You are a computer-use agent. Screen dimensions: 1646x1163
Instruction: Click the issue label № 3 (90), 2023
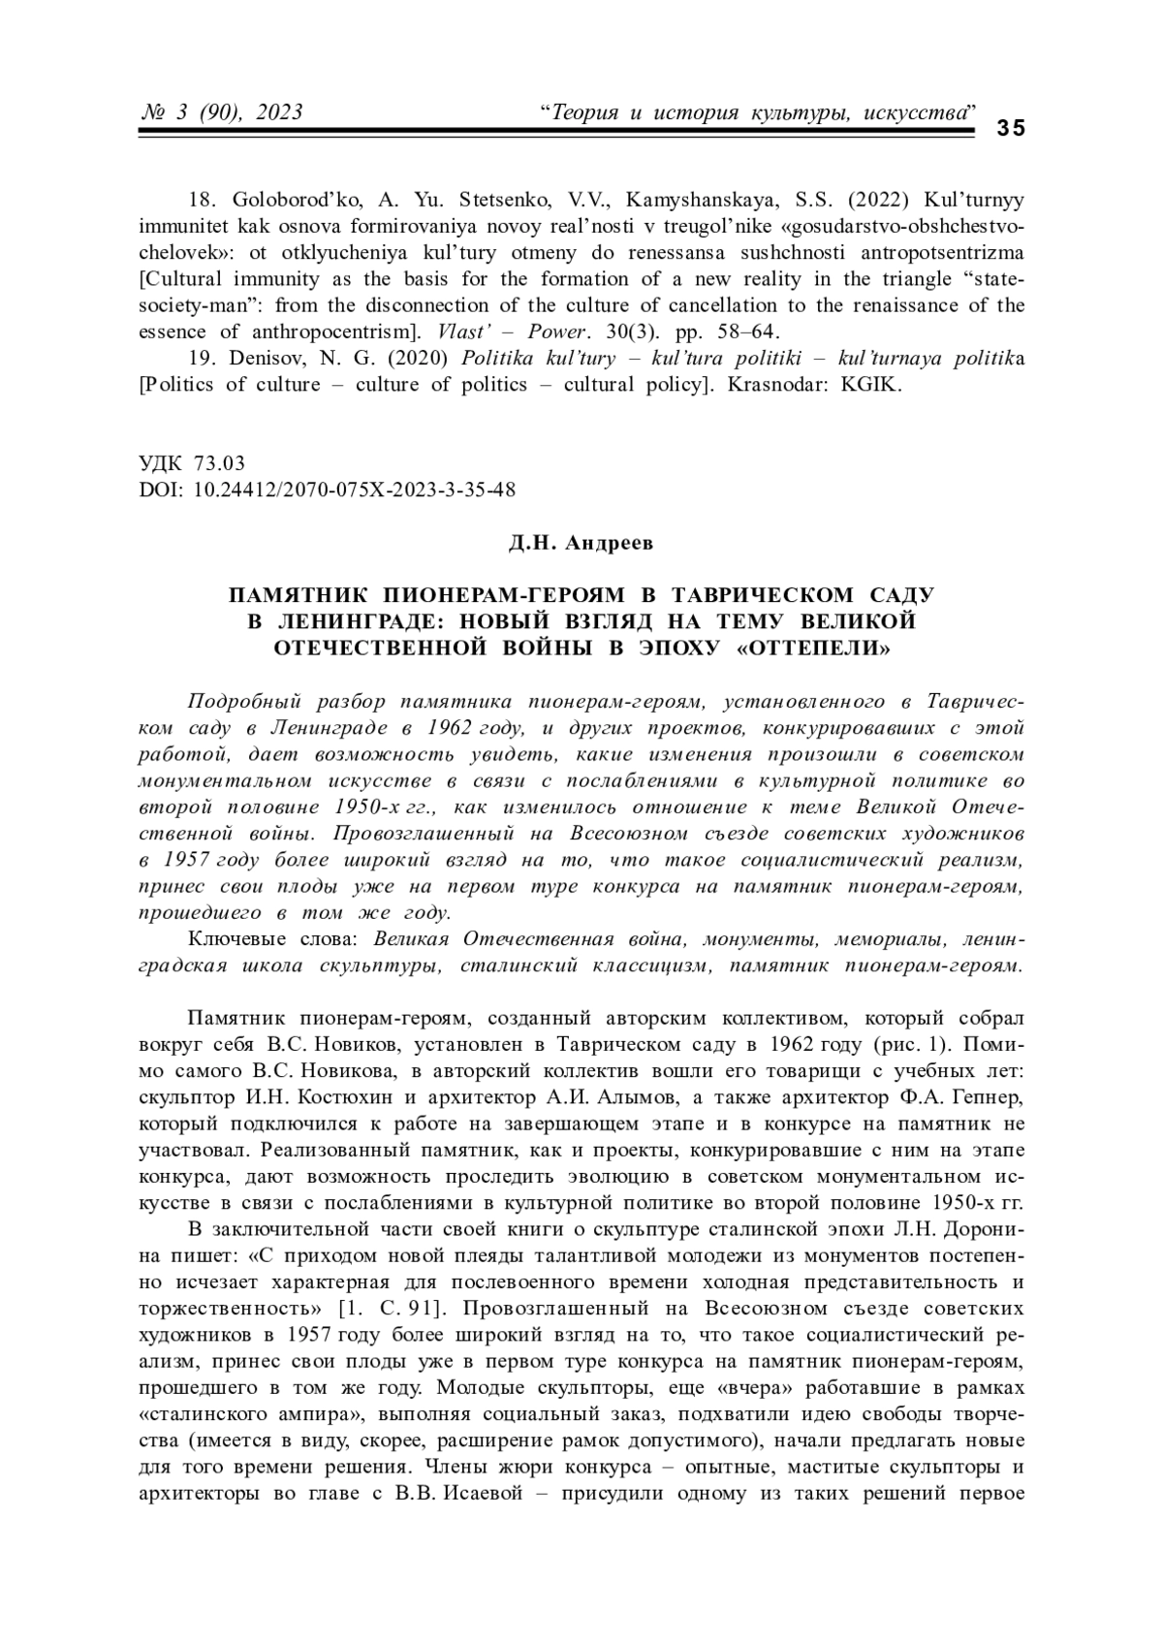pos(222,112)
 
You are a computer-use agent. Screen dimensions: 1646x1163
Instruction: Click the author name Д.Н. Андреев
pos(581,543)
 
